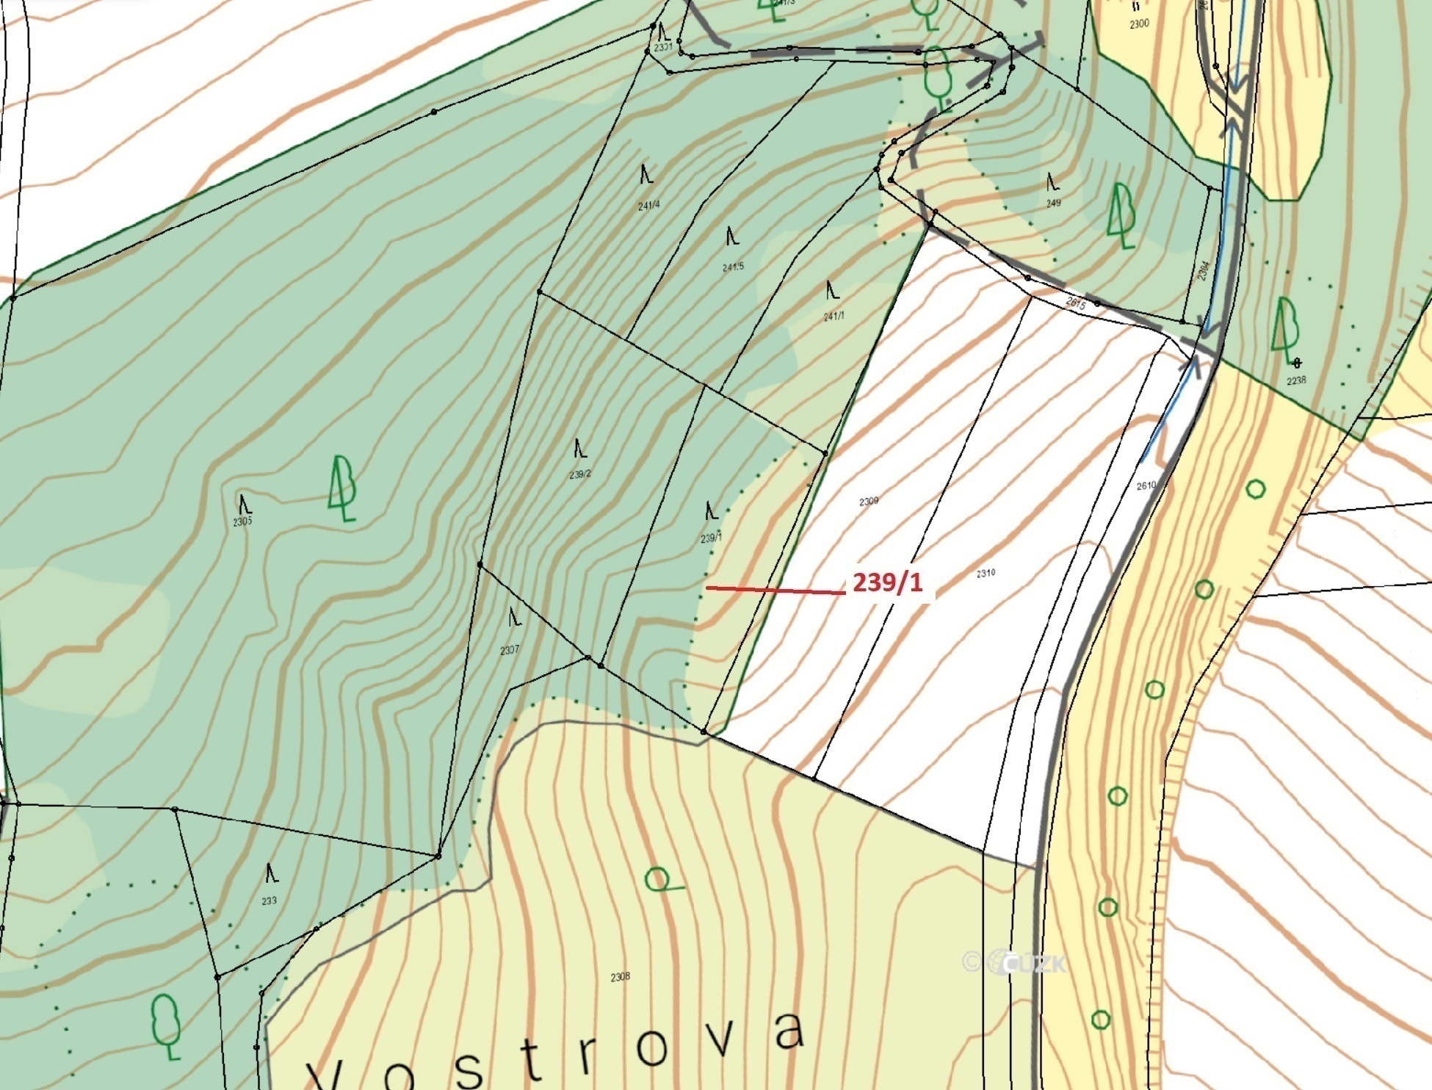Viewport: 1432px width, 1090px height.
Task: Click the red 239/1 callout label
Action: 886,583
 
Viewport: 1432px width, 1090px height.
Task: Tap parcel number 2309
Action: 868,501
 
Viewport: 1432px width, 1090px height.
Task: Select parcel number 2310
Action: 986,573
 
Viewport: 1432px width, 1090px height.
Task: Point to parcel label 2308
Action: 620,977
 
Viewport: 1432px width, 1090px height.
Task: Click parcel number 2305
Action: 242,521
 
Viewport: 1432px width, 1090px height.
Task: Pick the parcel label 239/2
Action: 579,474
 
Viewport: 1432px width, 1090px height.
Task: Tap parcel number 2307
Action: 510,650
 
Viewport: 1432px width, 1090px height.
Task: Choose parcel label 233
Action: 269,900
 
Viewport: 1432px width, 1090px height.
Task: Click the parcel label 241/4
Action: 648,206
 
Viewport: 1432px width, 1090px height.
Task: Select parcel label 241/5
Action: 732,267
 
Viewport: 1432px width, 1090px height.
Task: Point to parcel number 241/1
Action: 833,317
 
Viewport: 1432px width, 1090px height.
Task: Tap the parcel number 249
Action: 1053,203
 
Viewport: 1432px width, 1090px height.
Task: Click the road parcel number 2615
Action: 1075,303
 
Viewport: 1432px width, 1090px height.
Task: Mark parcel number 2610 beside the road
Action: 1146,486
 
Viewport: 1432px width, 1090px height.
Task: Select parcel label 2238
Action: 1296,380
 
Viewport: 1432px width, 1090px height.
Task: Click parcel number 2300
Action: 1138,24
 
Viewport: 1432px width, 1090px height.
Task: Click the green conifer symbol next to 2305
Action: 342,488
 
